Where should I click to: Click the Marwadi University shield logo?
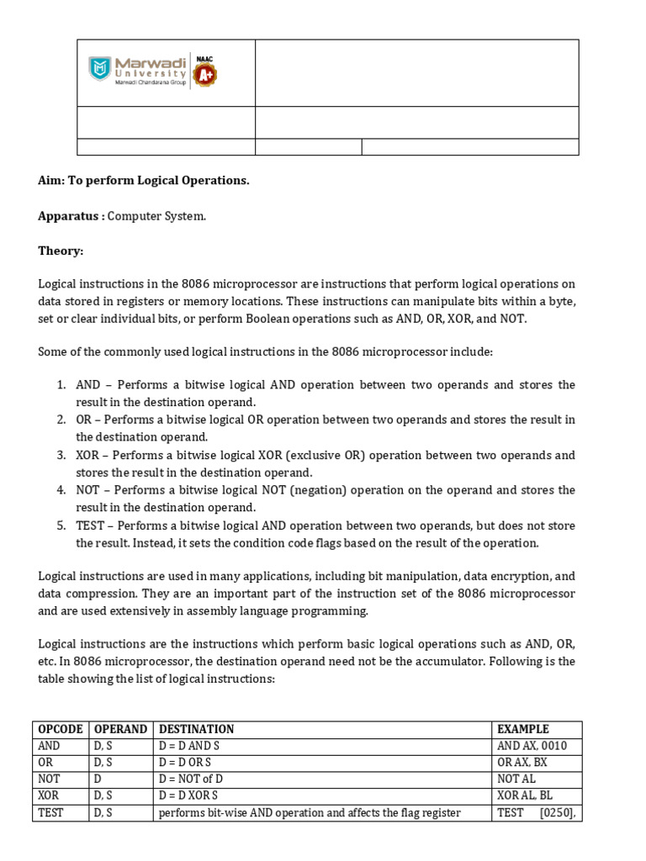click(x=100, y=69)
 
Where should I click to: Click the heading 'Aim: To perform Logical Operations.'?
click(x=143, y=181)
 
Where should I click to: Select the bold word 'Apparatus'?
click(x=70, y=216)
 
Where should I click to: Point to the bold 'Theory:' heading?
click(x=61, y=251)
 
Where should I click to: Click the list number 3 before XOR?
click(x=61, y=455)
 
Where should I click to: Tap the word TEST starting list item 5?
click(x=91, y=526)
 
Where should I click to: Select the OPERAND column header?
click(x=121, y=729)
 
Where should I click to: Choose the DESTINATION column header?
click(x=197, y=729)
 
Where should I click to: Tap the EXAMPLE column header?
click(x=523, y=729)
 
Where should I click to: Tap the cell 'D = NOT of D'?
click(x=191, y=779)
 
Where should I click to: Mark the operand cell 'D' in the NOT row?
click(x=98, y=779)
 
